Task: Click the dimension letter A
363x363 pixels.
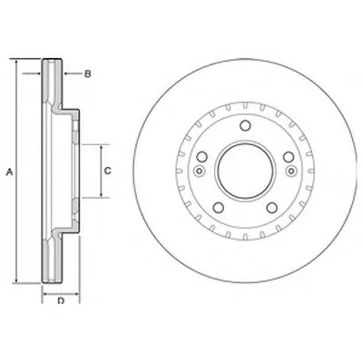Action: [x=10, y=172]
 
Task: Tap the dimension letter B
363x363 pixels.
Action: [x=87, y=74]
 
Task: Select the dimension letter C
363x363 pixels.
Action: [x=108, y=171]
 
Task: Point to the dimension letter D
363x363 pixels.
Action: [x=61, y=300]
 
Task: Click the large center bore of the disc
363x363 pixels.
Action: [x=245, y=171]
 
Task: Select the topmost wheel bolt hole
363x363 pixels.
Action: [x=245, y=125]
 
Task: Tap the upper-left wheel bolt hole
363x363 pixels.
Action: [x=201, y=157]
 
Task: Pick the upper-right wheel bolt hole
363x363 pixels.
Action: [x=289, y=157]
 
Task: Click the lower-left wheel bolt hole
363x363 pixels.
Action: [x=219, y=208]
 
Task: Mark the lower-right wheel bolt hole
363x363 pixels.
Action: [x=272, y=208]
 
